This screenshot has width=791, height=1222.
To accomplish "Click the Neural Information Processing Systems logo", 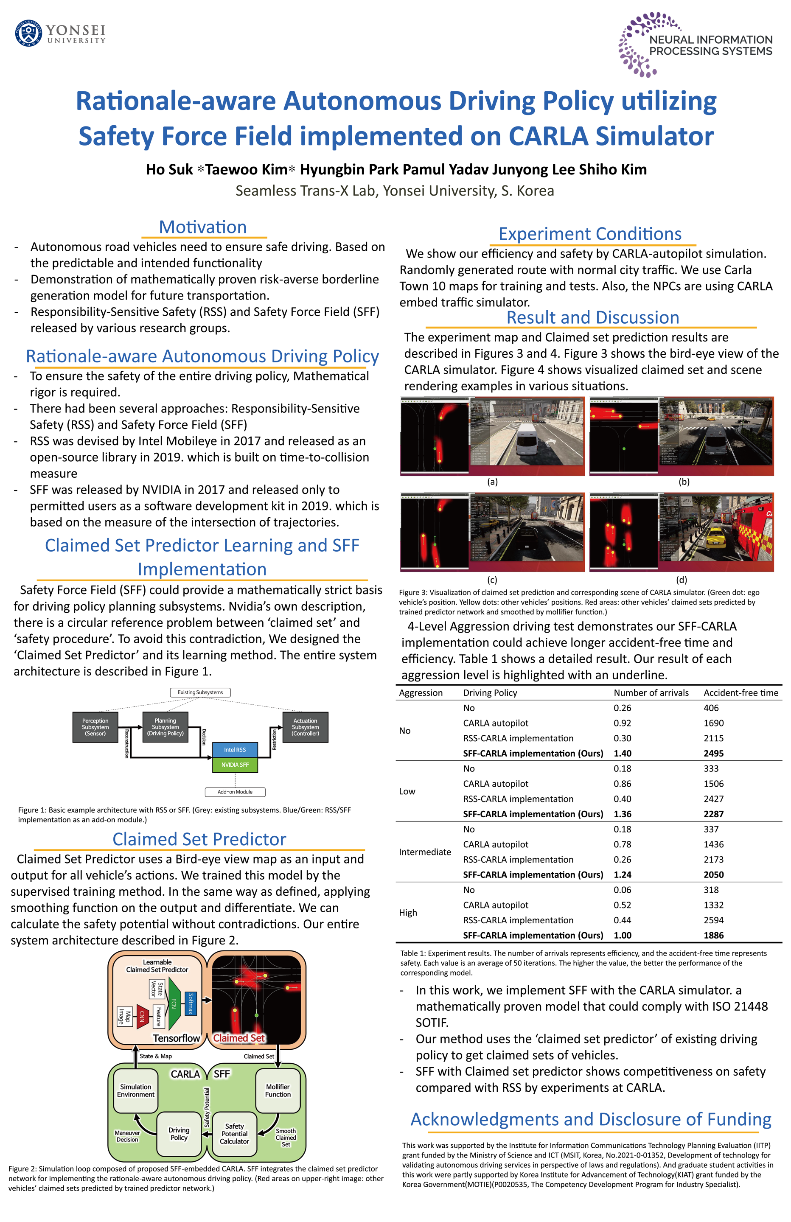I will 696,45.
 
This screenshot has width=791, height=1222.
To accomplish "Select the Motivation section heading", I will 203,227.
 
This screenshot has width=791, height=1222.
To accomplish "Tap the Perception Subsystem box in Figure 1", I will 95,727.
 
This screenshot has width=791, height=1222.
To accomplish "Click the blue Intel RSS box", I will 235,750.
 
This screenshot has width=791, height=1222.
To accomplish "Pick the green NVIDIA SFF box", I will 235,765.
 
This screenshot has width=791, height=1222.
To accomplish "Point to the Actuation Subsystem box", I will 305,727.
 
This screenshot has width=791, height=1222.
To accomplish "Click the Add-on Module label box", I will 235,792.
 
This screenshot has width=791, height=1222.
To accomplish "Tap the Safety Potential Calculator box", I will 234,1134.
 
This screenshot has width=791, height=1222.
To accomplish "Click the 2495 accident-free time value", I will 713,753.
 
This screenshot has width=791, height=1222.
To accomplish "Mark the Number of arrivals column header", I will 651,692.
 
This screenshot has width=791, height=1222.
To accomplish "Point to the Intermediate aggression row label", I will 425,852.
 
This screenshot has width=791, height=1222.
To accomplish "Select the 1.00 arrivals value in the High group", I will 623,936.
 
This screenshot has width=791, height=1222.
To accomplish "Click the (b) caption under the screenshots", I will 684,482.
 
